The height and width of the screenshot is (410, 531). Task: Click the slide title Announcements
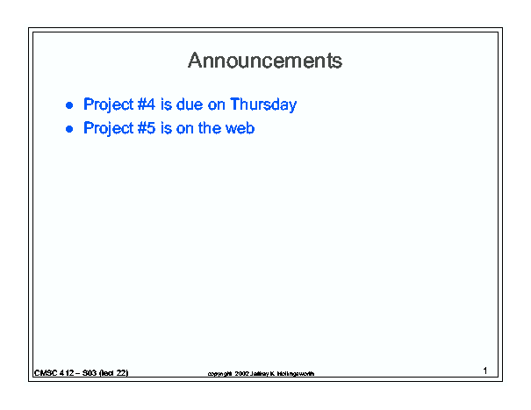click(x=265, y=61)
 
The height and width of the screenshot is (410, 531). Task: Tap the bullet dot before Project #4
click(x=69, y=105)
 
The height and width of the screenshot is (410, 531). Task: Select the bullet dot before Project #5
click(x=69, y=129)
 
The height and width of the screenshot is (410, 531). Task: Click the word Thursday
click(x=263, y=104)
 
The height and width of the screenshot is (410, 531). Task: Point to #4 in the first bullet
click(x=147, y=104)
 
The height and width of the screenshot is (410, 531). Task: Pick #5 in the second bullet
click(x=147, y=128)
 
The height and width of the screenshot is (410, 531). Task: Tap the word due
click(x=190, y=104)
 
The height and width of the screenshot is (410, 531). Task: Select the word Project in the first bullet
click(x=109, y=104)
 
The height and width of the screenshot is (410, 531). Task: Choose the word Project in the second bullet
click(x=109, y=128)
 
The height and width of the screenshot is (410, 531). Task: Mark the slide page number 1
click(x=485, y=370)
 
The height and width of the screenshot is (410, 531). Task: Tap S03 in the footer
click(x=90, y=373)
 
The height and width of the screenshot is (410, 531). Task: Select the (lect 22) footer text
click(x=113, y=373)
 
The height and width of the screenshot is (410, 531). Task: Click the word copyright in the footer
click(x=220, y=374)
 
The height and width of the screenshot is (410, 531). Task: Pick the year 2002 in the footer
click(x=241, y=373)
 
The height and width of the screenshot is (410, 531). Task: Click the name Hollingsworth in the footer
click(x=296, y=374)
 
